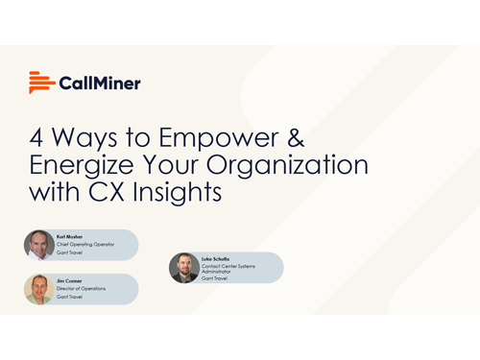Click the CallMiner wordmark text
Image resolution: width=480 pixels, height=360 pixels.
click(100, 84)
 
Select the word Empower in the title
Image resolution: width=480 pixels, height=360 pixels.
click(195, 135)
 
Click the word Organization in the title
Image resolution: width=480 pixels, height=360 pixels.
click(293, 164)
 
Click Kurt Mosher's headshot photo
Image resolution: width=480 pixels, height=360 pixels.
click(39, 245)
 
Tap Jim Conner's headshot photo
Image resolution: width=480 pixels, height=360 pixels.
click(39, 289)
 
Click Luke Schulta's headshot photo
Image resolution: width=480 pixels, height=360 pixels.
click(184, 268)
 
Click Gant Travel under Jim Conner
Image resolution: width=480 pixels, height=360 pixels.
click(69, 298)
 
